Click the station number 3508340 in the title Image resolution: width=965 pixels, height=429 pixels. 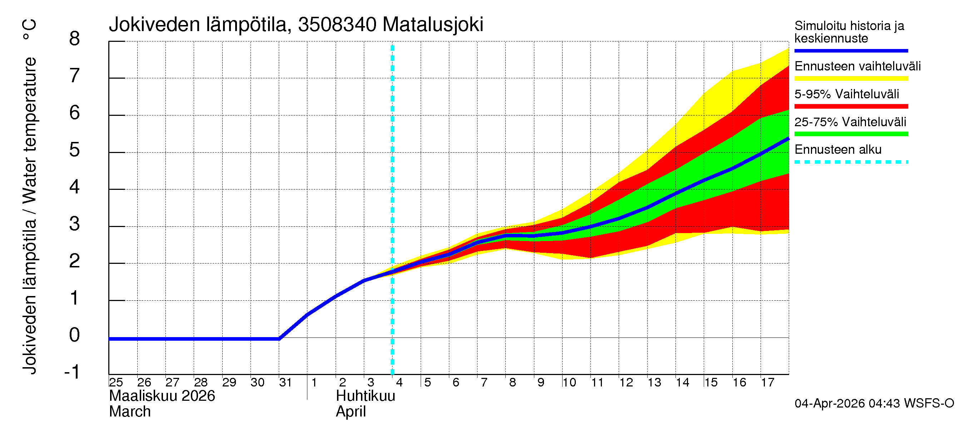337,25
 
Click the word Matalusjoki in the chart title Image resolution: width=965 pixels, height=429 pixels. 433,25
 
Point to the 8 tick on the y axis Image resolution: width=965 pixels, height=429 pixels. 75,39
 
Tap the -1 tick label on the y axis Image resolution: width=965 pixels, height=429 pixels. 72,372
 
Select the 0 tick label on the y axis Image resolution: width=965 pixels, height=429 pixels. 75,335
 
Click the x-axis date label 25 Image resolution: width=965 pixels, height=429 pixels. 116,383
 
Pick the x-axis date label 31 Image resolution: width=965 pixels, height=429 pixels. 286,383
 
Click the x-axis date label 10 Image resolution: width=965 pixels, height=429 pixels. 569,383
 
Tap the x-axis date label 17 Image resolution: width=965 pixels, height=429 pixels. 767,383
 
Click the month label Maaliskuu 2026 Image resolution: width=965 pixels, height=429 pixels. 162,396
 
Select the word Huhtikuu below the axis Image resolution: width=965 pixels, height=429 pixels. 365,396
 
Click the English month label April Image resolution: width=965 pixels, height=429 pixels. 351,412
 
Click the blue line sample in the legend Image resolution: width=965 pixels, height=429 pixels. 851,50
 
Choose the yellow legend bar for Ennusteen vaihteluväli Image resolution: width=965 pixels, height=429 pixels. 851,79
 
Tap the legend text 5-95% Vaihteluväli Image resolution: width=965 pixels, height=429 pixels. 846,94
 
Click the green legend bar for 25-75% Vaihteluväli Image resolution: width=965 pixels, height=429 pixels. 851,134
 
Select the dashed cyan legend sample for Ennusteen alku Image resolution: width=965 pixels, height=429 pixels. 851,162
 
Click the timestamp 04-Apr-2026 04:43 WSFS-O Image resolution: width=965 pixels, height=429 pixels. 874,404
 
